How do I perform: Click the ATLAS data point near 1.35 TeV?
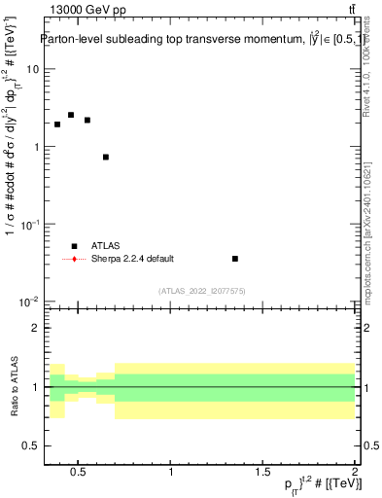[x=235, y=259]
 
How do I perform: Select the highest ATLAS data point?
[x=71, y=115]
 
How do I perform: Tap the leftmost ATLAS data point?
[x=57, y=124]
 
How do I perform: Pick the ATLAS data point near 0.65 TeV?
[x=105, y=157]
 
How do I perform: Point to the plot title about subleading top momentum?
[x=199, y=40]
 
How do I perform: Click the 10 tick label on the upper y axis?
[x=32, y=70]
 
